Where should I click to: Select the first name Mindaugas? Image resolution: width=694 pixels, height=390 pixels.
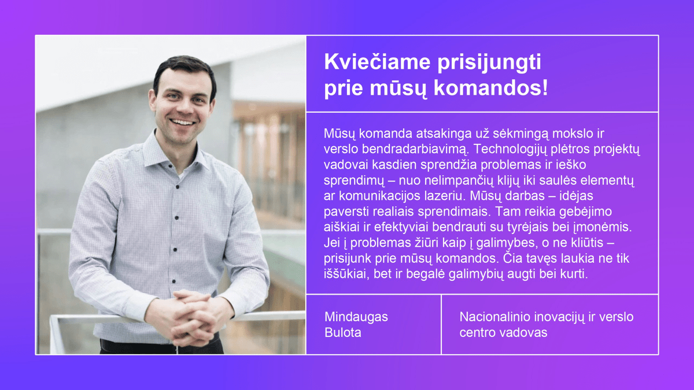[x=356, y=317]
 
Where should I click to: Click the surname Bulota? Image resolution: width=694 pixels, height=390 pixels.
[x=343, y=332]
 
